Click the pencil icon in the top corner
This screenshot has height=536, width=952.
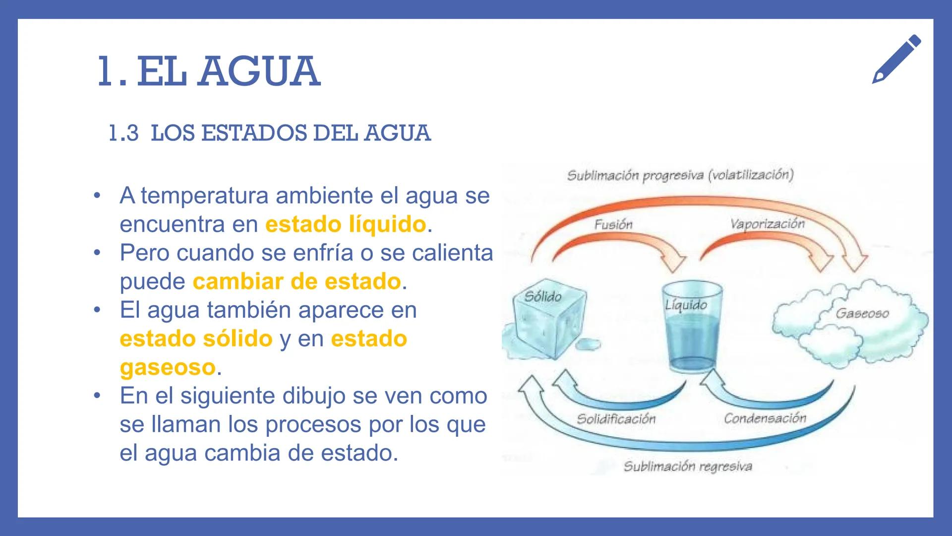pos(896,59)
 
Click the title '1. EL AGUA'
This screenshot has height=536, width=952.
pos(209,72)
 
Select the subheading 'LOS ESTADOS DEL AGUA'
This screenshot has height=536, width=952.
pos(291,133)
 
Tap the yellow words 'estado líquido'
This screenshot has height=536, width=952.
pos(346,224)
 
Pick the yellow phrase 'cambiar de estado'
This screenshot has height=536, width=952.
pos(297,281)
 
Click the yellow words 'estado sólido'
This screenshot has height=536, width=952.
pos(196,339)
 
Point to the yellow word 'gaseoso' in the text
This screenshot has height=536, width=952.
pos(168,367)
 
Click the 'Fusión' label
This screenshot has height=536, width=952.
pos(613,225)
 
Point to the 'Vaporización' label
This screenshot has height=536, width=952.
pos(767,224)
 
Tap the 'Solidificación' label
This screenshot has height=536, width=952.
pos(616,419)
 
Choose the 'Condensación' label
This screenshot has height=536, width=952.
pos(765,418)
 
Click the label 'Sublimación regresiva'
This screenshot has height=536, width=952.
pos(688,467)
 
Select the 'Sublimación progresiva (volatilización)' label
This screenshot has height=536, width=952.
pos(680,175)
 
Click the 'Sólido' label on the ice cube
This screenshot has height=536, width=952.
pos(543,297)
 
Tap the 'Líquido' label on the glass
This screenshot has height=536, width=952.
pos(686,305)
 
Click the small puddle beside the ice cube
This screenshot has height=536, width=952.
pos(589,343)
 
